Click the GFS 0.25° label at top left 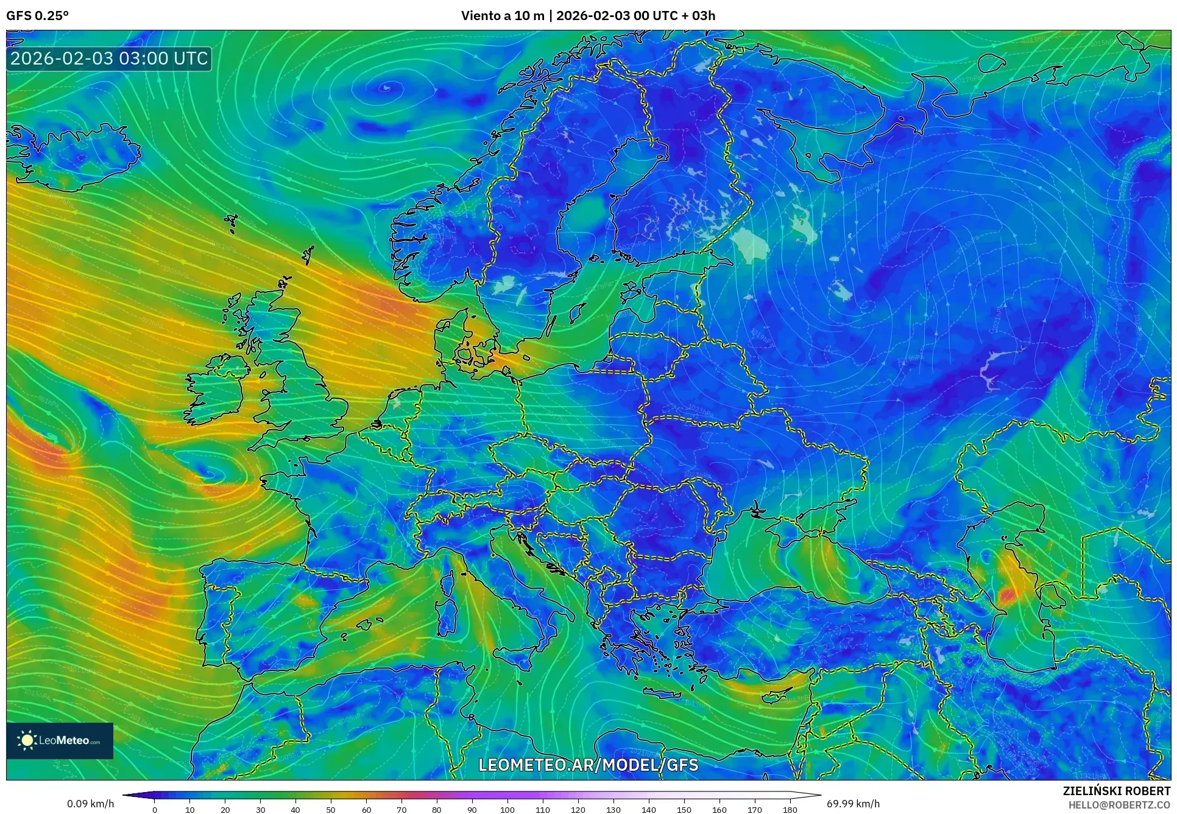[x=37, y=16]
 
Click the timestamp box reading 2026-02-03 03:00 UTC [x=109, y=58]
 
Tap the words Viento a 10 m [x=502, y=16]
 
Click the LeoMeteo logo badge [x=60, y=740]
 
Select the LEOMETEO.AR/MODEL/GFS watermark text [x=588, y=765]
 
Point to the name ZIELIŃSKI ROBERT [x=1116, y=791]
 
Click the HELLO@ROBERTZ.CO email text [x=1119, y=805]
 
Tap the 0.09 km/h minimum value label [x=90, y=804]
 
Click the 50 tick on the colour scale [x=331, y=809]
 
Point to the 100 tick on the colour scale [x=507, y=809]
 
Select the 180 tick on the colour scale [x=790, y=809]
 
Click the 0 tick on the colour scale [x=155, y=809]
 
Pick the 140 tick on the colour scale [x=648, y=809]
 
